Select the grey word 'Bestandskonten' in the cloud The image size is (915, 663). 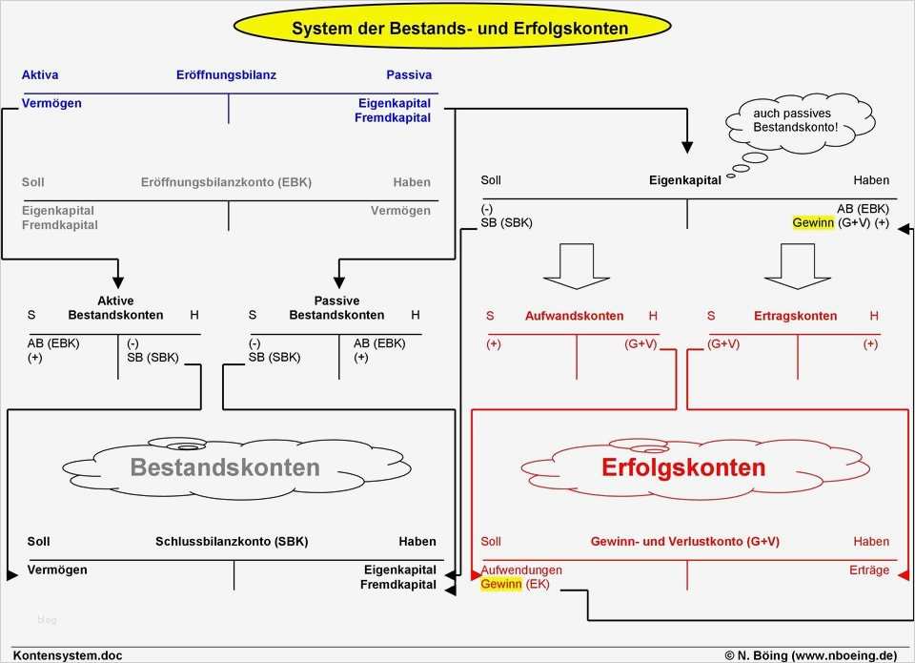(x=225, y=467)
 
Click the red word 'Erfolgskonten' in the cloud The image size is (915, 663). (x=683, y=467)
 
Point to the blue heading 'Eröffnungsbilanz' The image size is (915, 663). (x=226, y=74)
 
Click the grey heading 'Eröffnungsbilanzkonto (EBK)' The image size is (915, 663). (x=226, y=182)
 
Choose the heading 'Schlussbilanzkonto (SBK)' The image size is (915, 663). (x=232, y=542)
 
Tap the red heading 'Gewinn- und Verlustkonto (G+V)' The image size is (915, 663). (x=685, y=542)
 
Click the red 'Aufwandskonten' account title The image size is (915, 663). (x=574, y=316)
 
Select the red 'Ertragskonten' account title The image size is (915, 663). (x=795, y=316)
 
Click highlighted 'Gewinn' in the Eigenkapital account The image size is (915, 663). (x=813, y=222)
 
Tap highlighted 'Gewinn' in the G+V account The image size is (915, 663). (x=500, y=584)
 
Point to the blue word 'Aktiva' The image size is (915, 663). (x=40, y=74)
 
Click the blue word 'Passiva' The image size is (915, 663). (x=409, y=74)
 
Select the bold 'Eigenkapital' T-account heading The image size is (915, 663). (x=684, y=180)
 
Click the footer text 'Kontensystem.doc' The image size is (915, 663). (x=68, y=655)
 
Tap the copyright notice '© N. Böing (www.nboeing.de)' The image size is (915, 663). (x=810, y=655)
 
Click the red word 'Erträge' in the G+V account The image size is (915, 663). (x=868, y=570)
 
